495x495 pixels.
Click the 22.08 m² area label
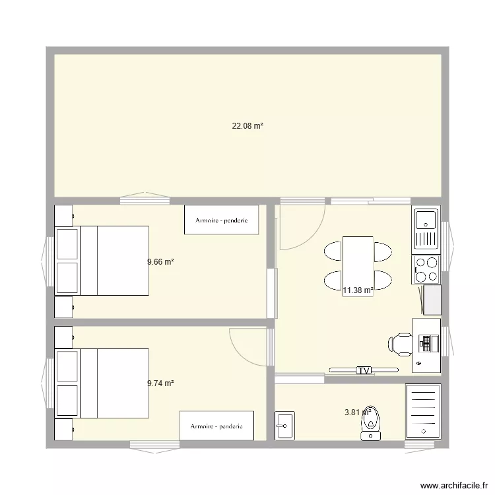pyautogui.click(x=247, y=125)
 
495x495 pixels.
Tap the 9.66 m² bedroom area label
pyautogui.click(x=160, y=261)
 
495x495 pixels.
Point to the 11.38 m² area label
pyautogui.click(x=358, y=290)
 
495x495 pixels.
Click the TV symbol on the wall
pyautogui.click(x=364, y=371)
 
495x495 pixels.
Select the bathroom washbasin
pyautogui.click(x=284, y=426)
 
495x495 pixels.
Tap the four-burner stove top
pyautogui.click(x=426, y=269)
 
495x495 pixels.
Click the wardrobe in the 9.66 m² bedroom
pyautogui.click(x=221, y=220)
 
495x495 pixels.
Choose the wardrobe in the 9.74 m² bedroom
pyautogui.click(x=216, y=426)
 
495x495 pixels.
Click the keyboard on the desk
pyautogui.click(x=426, y=342)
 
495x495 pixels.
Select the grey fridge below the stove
pyautogui.click(x=432, y=300)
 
